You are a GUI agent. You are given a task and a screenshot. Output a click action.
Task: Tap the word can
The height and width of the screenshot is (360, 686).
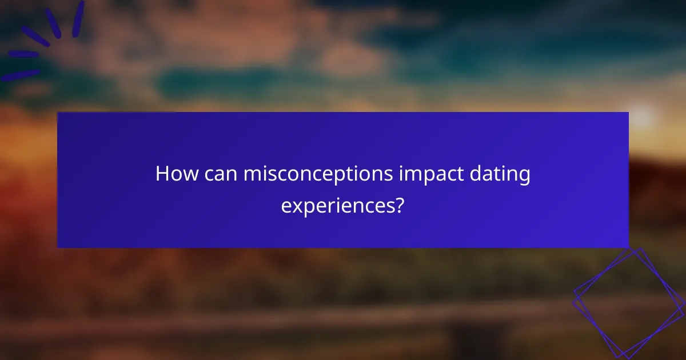click(218, 174)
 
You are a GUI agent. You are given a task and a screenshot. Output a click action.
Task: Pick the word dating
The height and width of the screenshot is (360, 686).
click(501, 174)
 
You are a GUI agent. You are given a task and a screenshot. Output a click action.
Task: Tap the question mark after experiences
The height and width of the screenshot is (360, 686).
click(400, 204)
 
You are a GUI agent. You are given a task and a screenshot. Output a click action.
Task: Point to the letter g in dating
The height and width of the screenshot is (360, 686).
click(524, 177)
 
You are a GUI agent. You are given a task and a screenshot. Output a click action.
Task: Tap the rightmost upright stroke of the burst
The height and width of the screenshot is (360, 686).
click(78, 18)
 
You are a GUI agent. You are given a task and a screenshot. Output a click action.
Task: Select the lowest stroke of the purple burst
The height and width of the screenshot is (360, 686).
click(20, 75)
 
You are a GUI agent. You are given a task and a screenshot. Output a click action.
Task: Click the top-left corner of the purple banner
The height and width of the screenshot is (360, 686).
click(58, 113)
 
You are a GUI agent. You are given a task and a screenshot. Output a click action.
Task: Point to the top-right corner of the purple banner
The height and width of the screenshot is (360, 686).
click(628, 113)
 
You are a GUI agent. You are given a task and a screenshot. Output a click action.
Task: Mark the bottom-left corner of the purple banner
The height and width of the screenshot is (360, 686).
click(58, 247)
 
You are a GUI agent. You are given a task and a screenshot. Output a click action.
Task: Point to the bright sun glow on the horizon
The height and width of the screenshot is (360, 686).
click(641, 117)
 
